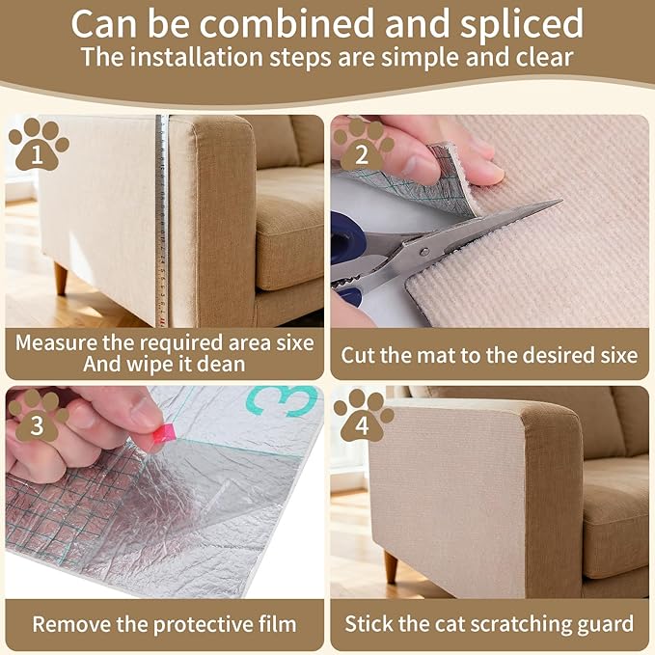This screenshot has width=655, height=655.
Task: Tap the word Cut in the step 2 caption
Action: tap(359, 355)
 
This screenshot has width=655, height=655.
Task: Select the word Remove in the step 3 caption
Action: tap(69, 623)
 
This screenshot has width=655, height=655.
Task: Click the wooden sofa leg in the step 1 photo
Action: tap(61, 279)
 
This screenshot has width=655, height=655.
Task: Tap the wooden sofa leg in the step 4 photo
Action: tap(390, 565)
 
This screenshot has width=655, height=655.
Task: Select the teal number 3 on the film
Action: tap(287, 400)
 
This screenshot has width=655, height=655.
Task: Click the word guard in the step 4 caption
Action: tap(604, 623)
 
